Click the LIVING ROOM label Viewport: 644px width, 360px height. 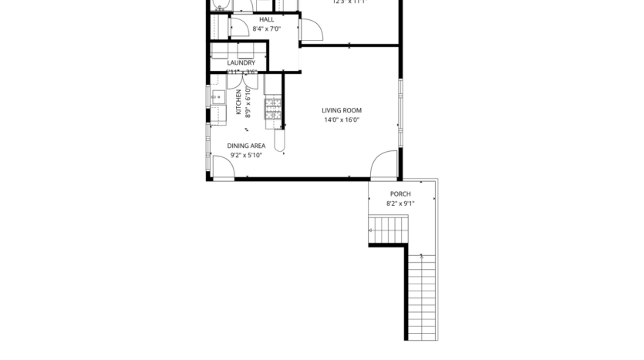pos(342,110)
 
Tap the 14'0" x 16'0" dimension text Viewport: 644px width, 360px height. pos(342,120)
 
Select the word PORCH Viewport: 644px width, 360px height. pos(400,194)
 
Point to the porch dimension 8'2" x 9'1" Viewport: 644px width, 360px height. pos(400,204)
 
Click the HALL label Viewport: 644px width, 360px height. pos(266,19)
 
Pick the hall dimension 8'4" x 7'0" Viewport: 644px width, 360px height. pos(266,29)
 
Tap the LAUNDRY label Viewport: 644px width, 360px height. pos(246,63)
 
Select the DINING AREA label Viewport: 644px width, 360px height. pos(246,146)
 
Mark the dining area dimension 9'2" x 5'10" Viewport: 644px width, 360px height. pos(246,155)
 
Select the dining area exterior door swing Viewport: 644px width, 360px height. pos(223,167)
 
